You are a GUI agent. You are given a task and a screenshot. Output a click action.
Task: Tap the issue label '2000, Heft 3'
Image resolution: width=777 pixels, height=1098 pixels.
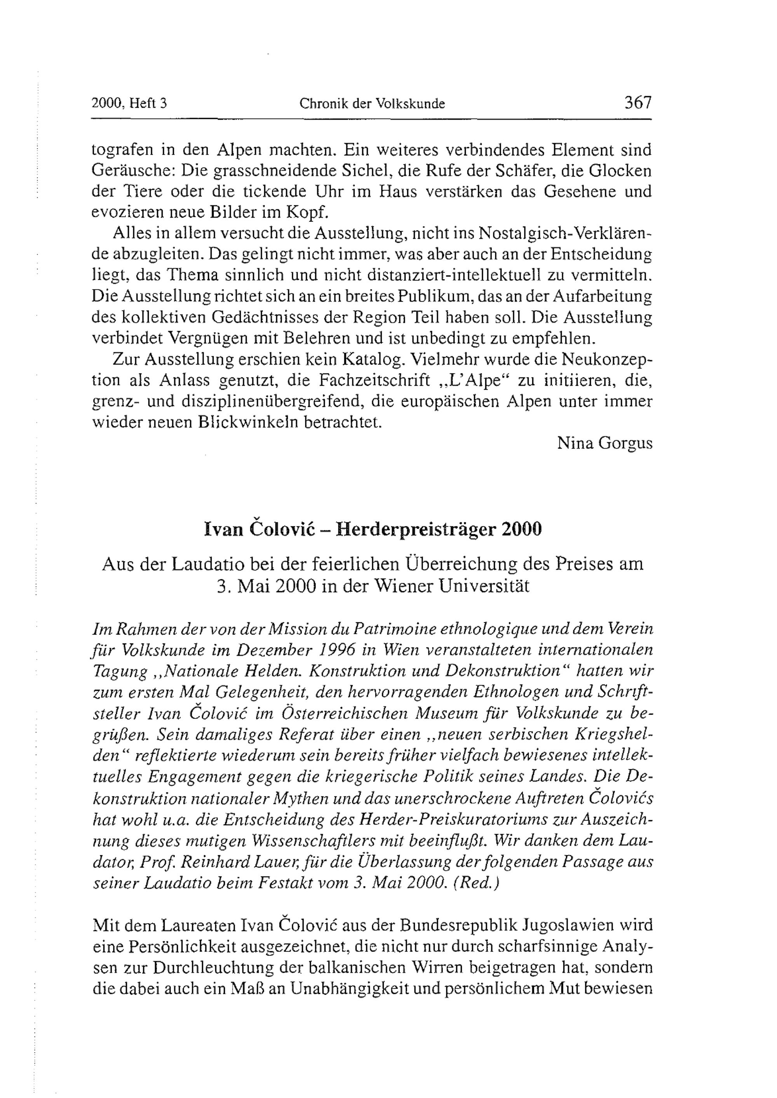pos(129,103)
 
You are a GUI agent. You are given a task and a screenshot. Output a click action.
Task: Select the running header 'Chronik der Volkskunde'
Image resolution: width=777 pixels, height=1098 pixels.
pos(372,103)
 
